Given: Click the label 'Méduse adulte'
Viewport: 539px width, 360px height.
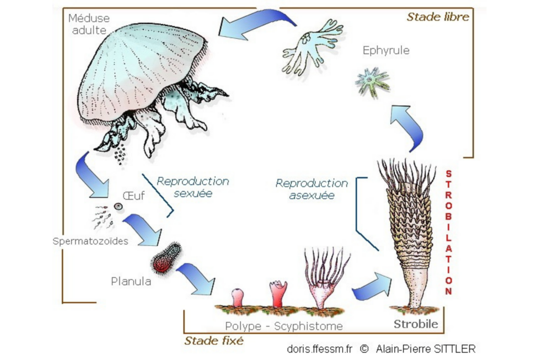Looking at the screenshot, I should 89,24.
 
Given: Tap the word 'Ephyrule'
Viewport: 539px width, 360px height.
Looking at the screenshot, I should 386,51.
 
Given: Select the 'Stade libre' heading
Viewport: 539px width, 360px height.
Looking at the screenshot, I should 437,17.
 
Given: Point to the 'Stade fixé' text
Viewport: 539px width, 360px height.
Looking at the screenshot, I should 214,341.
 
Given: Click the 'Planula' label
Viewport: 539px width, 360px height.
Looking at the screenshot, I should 131,281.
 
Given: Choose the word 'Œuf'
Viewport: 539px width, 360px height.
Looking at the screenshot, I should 134,196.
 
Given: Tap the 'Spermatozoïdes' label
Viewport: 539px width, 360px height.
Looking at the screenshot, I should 90,242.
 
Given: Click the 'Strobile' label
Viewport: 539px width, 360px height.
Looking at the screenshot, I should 416,324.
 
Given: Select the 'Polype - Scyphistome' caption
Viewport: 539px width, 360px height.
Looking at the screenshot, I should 284,326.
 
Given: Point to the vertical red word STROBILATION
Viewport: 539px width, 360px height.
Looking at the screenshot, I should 448,232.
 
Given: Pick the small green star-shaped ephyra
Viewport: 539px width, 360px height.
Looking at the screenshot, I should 372,81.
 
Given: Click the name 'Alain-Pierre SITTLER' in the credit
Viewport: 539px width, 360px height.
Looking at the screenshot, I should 425,348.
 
